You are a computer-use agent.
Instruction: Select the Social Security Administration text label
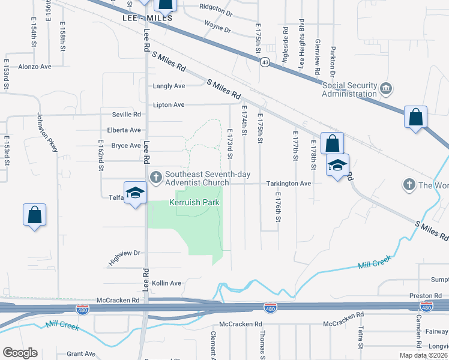[349, 89]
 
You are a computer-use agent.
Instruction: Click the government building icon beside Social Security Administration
[386, 89]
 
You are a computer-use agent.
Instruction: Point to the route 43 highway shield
[265, 61]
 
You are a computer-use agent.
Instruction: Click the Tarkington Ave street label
[289, 184]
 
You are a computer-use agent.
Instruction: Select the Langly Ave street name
[169, 86]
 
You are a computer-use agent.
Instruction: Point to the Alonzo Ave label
[35, 67]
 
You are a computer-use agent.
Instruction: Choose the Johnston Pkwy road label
[48, 133]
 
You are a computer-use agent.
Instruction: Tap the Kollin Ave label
[166, 283]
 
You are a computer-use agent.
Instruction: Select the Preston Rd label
[425, 295]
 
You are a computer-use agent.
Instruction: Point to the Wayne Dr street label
[217, 26]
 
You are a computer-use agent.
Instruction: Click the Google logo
[20, 353]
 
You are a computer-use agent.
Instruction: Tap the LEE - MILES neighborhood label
[147, 18]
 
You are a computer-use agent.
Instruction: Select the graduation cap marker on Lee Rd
[135, 193]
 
